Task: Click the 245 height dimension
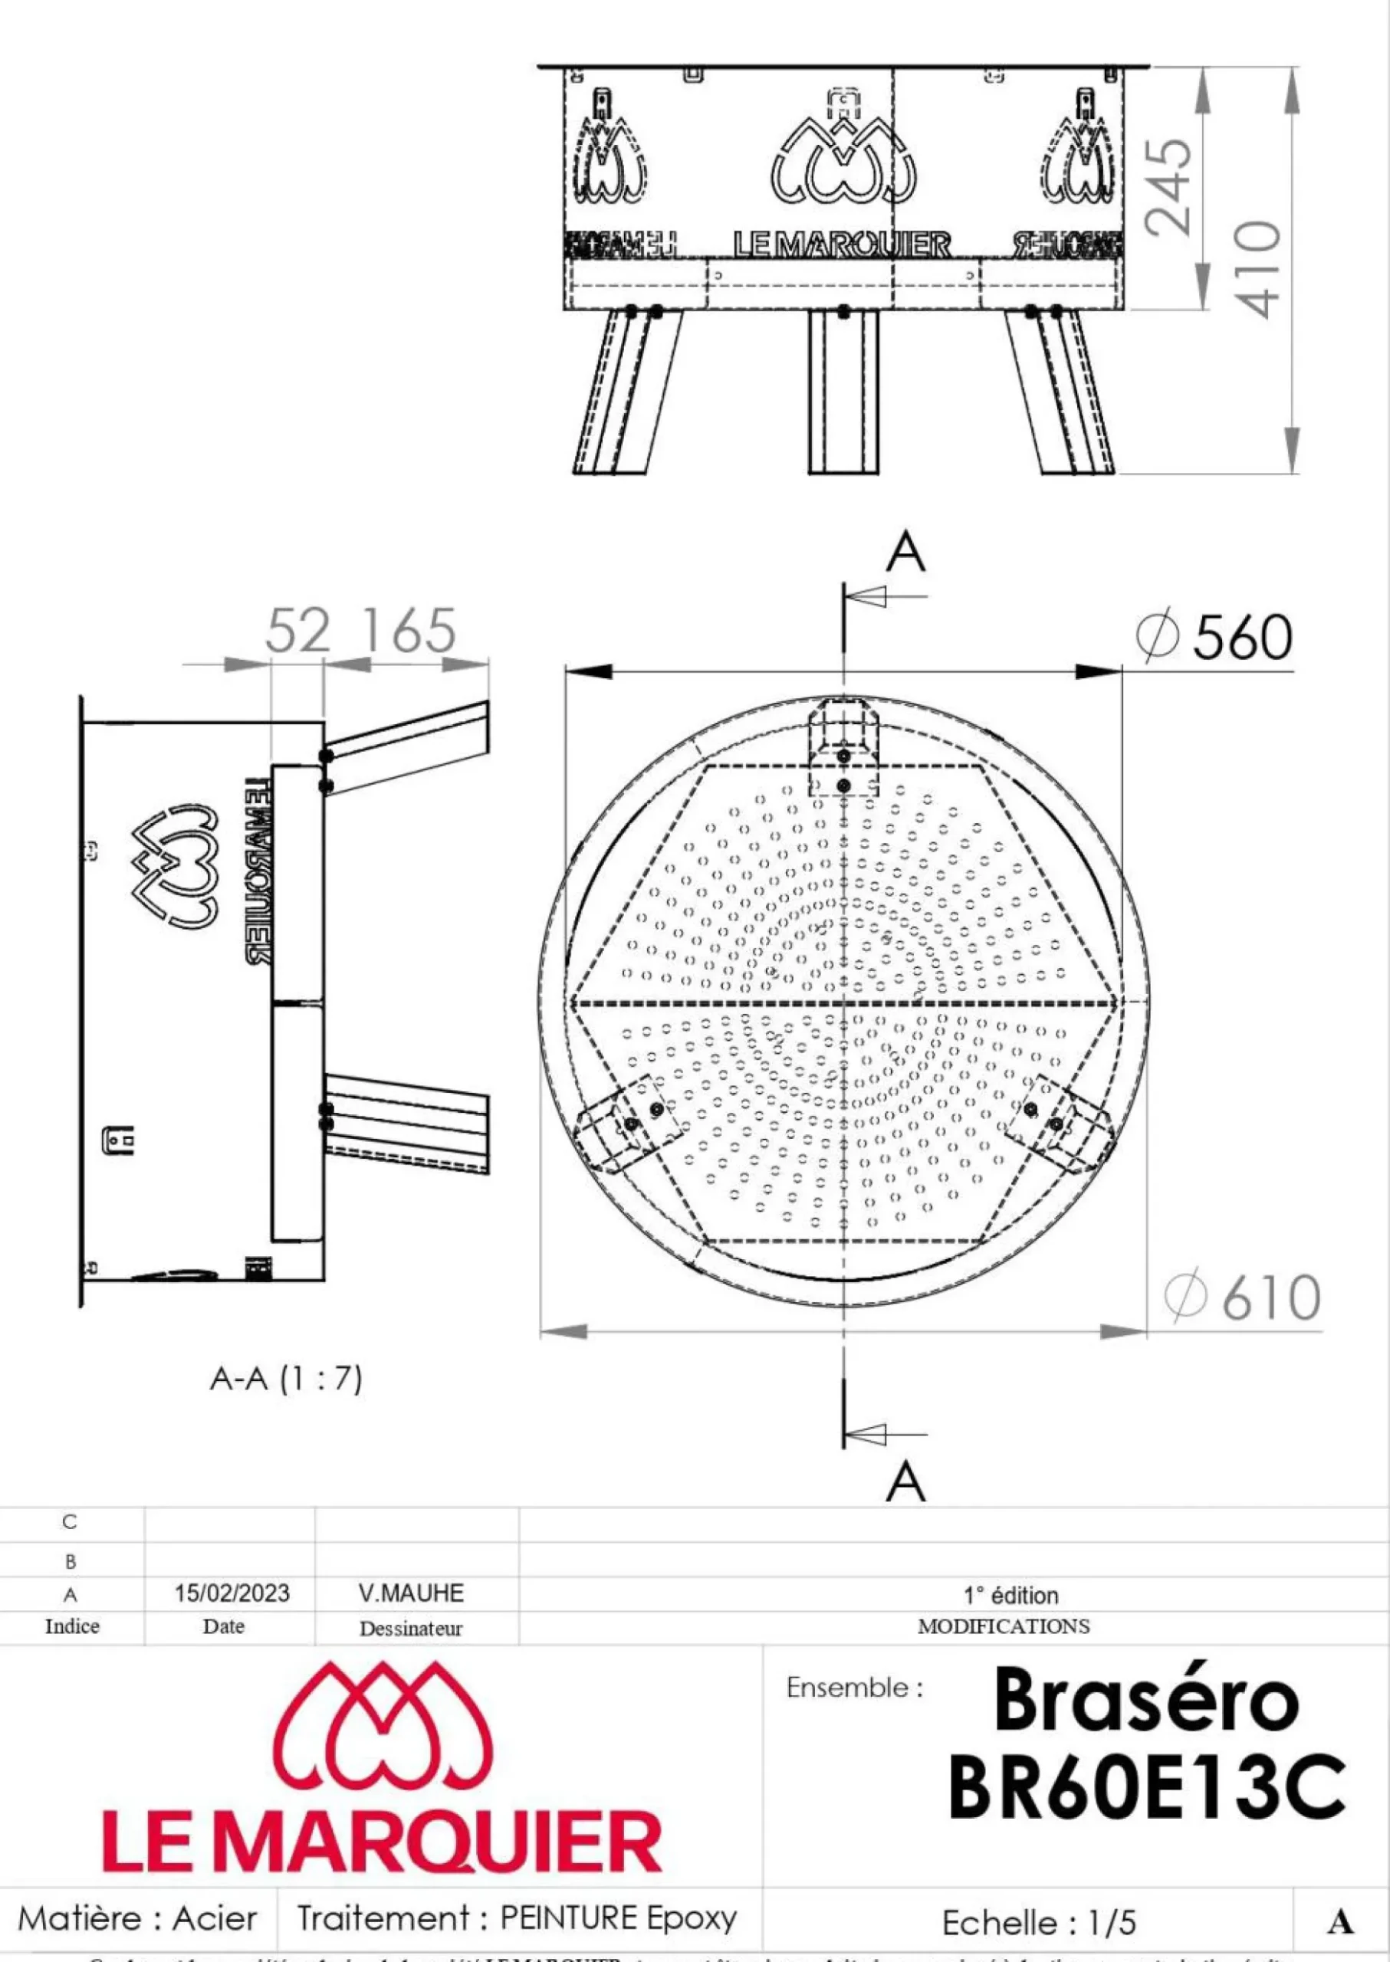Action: tap(1169, 186)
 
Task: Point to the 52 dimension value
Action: tap(297, 631)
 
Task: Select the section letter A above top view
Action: tap(905, 553)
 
